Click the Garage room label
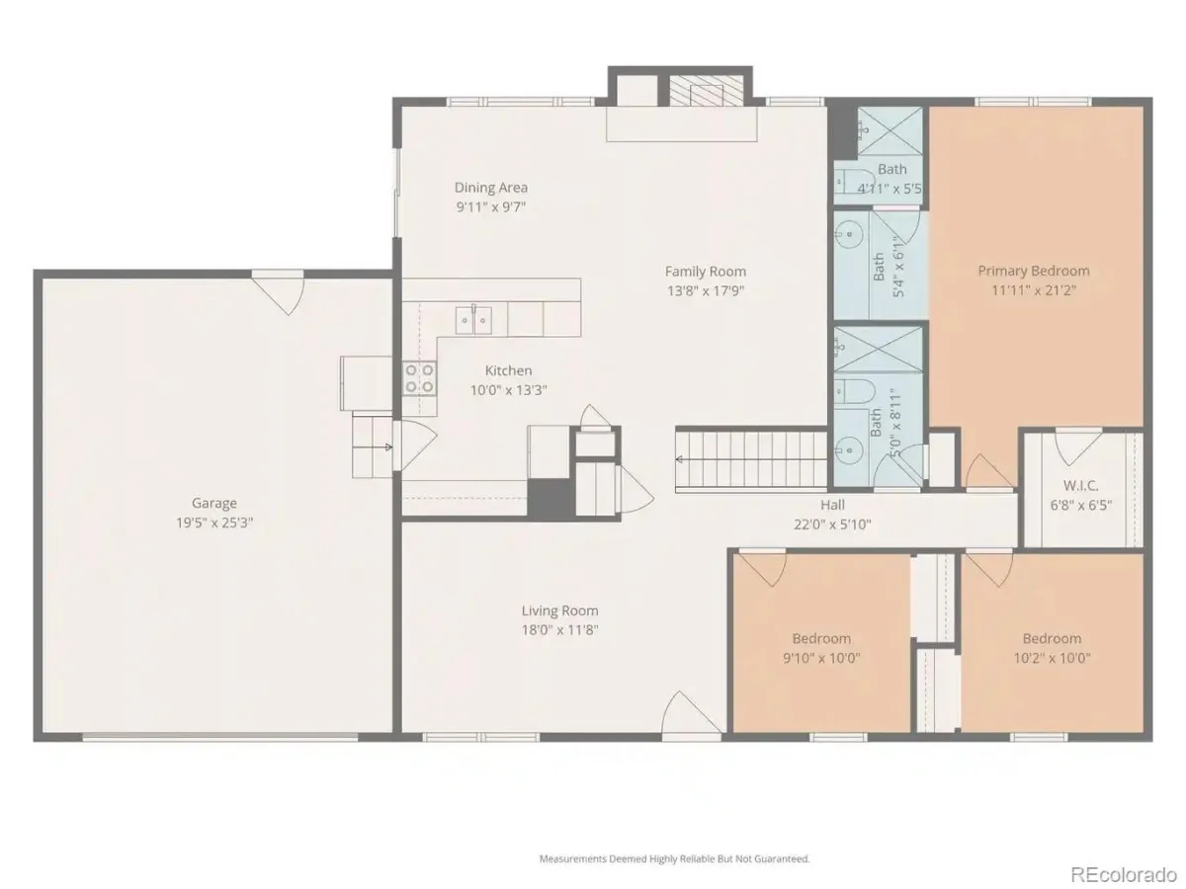[x=213, y=503]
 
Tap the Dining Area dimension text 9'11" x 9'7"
[x=490, y=207]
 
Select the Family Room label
[x=705, y=272]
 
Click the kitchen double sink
[x=473, y=320]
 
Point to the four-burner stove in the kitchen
[x=419, y=378]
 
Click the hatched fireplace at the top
[x=707, y=91]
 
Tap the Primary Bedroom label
[x=1033, y=271]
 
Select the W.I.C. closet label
[x=1080, y=485]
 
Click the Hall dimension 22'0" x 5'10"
[x=832, y=525]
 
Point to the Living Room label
[x=559, y=610]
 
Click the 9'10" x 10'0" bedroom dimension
[x=821, y=658]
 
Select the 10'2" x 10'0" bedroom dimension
[x=1052, y=658]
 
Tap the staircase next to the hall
[x=751, y=459]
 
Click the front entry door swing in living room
[x=692, y=713]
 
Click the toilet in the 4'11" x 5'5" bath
[x=854, y=181]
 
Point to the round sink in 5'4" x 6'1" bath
[x=849, y=235]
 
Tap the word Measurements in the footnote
[x=573, y=858]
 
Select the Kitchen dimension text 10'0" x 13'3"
[x=508, y=390]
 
